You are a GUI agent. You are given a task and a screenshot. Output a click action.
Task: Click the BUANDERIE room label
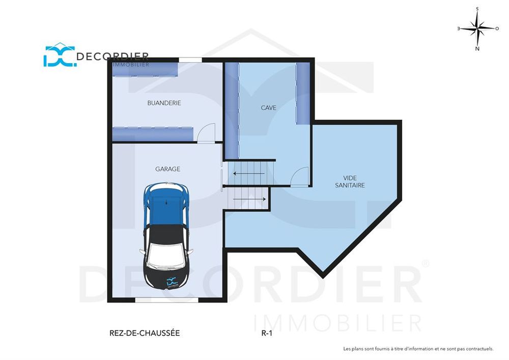(x=164, y=103)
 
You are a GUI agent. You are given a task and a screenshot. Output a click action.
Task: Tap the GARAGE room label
(x=167, y=169)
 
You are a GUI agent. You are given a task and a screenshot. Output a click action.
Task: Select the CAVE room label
(x=268, y=108)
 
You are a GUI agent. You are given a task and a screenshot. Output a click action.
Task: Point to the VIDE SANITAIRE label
(x=350, y=182)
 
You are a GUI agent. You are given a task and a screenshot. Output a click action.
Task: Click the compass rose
(x=477, y=29)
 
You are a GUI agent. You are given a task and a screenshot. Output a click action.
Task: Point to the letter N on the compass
(x=477, y=49)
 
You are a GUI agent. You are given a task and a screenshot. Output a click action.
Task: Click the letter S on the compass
(x=477, y=9)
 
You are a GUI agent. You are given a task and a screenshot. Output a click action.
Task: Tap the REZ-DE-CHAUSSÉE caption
(x=145, y=334)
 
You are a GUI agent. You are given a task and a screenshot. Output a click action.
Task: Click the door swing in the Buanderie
(x=207, y=133)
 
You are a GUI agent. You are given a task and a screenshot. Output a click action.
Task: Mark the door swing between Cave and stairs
(x=301, y=176)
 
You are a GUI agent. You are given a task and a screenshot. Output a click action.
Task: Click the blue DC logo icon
(x=58, y=56)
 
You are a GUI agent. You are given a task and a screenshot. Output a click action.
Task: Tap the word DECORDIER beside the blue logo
(x=112, y=56)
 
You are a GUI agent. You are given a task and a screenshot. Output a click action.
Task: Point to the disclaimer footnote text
(x=418, y=349)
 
